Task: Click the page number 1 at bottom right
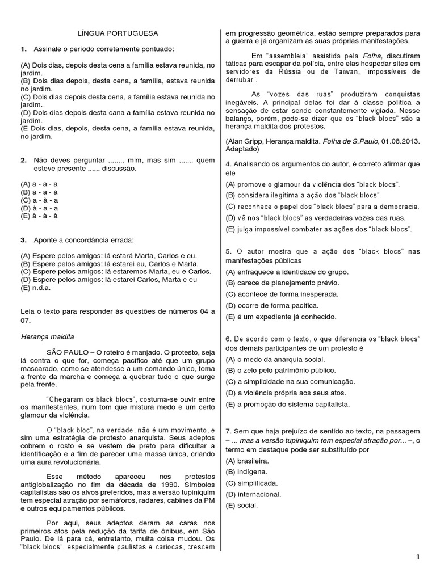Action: coord(418,557)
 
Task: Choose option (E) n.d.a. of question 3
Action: coord(33,287)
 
